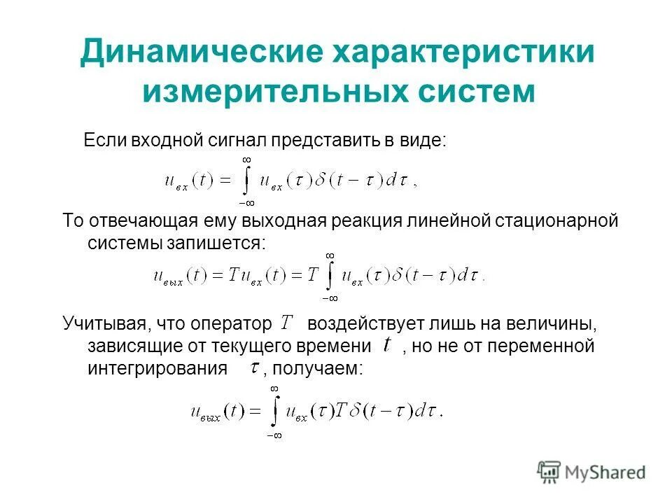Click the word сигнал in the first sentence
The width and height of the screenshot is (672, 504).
click(x=237, y=139)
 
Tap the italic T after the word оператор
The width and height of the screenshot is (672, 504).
click(x=286, y=323)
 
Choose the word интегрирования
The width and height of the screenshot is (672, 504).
click(x=158, y=367)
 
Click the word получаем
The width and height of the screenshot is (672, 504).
click(x=323, y=367)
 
